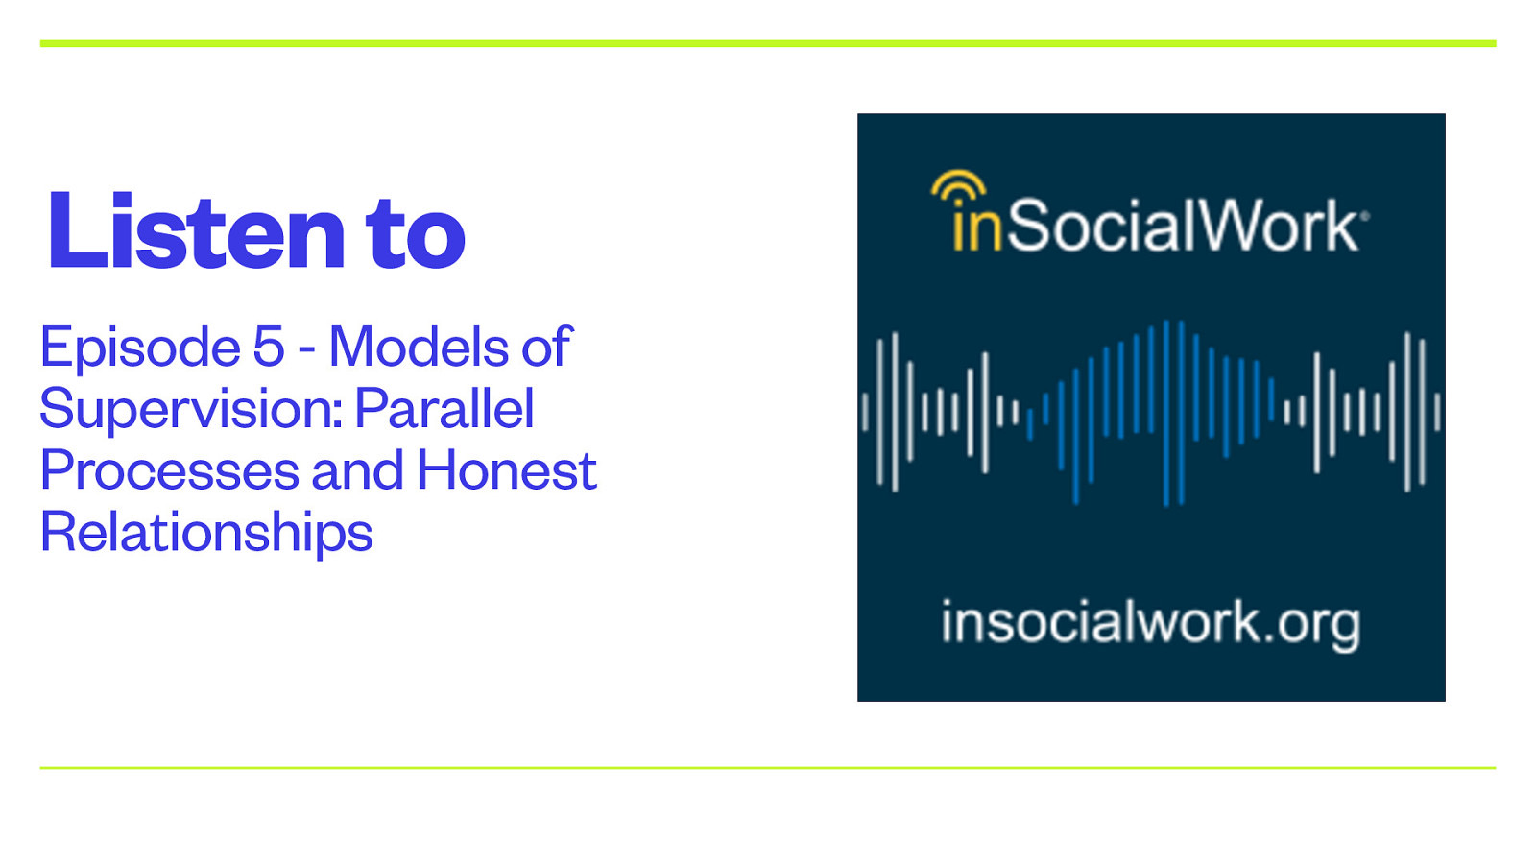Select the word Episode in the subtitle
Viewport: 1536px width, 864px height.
pos(140,348)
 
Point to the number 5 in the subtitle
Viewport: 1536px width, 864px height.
pos(268,348)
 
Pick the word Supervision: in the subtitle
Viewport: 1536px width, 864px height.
pos(190,410)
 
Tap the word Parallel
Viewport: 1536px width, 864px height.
pos(444,409)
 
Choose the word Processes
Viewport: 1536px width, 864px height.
pos(168,471)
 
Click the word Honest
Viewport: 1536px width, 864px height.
pos(506,471)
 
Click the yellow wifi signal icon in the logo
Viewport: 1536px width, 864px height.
pos(958,186)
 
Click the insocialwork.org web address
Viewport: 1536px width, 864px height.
pos(1150,624)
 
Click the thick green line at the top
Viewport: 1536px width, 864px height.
pos(768,43)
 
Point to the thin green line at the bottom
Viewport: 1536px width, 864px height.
pos(768,767)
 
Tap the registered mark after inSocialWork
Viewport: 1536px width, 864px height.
pos(1364,216)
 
